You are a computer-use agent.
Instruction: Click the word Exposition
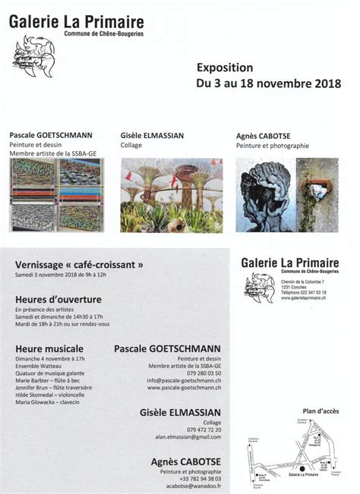coord(221,66)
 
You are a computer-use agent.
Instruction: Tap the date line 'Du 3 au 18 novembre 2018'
coord(268,83)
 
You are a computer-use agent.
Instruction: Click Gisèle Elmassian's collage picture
coord(171,194)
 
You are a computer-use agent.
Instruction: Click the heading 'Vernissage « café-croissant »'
coord(79,265)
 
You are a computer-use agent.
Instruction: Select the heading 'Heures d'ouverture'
coord(58,300)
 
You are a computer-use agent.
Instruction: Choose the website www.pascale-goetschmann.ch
coord(185,388)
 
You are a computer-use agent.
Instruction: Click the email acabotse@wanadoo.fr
coord(190,486)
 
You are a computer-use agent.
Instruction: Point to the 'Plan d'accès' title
coord(313,411)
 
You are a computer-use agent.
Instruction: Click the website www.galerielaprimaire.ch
coord(304,298)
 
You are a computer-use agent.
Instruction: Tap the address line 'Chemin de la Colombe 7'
coord(302,282)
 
